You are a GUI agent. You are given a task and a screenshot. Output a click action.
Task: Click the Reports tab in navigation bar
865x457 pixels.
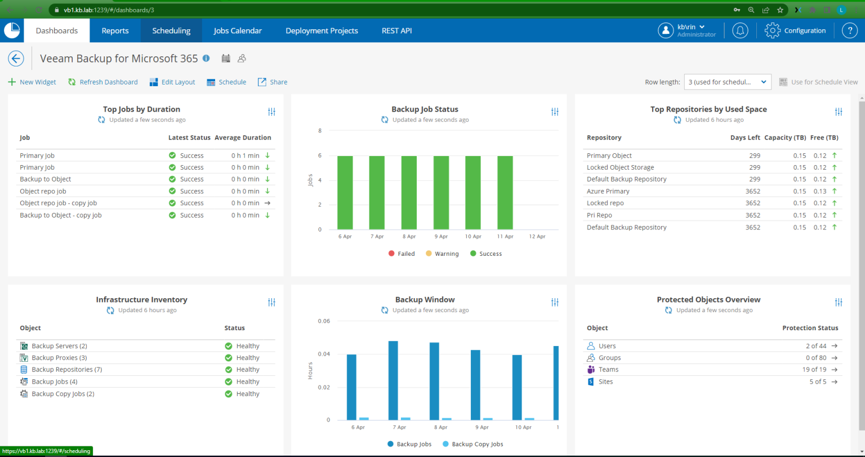pos(115,31)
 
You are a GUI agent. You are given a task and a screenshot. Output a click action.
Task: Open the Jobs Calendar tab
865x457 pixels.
pos(238,31)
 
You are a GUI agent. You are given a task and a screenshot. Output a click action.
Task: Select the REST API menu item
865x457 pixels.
pos(396,31)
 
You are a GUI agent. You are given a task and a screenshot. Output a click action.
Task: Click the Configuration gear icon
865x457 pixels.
pos(772,31)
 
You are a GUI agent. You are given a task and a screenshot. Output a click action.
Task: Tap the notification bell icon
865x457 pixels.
pos(740,31)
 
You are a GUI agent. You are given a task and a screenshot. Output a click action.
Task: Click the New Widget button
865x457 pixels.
pos(32,82)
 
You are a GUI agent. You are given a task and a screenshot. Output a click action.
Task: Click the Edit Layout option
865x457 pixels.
pos(172,82)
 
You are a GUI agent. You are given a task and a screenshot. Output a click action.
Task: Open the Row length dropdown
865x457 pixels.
pos(727,82)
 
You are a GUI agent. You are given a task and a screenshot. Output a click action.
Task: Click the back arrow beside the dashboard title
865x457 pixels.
pos(16,59)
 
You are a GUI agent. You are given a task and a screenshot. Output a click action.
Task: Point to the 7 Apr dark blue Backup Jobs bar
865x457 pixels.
pos(393,380)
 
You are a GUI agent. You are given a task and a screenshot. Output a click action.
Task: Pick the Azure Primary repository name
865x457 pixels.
pos(608,192)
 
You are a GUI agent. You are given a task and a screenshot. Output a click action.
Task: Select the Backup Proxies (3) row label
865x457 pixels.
pos(59,358)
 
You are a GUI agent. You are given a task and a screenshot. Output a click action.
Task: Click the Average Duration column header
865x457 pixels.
pos(243,138)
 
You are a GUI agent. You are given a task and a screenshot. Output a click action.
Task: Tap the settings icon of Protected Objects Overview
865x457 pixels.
pos(839,303)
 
